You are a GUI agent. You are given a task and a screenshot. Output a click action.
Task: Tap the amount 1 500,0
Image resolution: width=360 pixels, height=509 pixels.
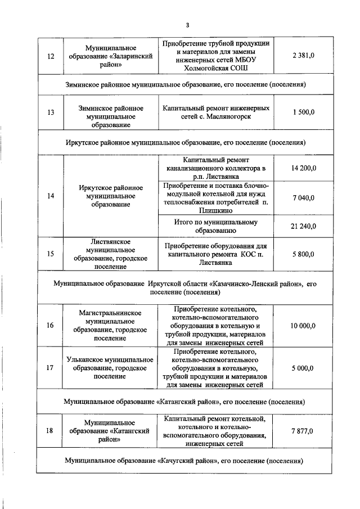(x=303, y=112)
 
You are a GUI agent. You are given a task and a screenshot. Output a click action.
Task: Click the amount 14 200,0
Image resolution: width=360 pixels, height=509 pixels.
(x=304, y=168)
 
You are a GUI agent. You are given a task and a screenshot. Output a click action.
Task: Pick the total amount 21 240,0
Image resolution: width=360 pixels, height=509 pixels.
(x=304, y=226)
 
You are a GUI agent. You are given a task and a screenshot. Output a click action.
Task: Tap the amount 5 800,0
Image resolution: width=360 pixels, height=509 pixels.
(x=303, y=254)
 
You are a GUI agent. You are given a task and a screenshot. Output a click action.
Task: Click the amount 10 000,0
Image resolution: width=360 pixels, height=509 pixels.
(x=304, y=326)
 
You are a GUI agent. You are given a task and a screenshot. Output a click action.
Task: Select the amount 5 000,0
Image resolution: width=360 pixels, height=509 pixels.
(x=303, y=368)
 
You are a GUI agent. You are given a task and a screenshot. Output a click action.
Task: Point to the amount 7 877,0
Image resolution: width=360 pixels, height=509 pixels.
(x=303, y=430)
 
